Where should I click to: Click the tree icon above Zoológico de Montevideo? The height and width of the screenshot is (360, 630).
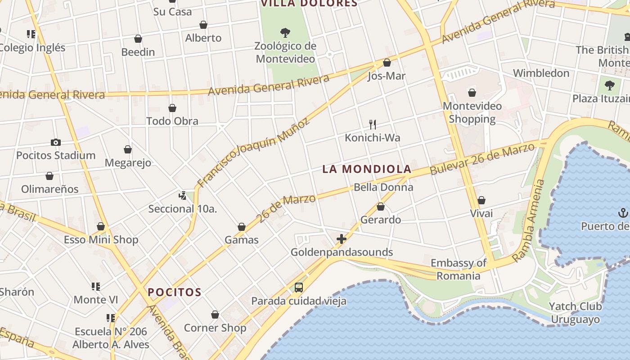click(285, 32)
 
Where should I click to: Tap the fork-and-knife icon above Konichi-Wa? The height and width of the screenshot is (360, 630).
click(373, 124)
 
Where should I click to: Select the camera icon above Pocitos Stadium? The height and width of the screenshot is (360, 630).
click(56, 142)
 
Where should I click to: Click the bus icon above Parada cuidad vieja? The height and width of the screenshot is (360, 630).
click(298, 287)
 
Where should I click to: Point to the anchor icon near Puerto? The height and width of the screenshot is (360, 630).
click(623, 212)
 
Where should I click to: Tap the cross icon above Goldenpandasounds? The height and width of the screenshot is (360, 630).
click(342, 238)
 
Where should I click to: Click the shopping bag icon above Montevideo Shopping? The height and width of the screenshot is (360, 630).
click(472, 93)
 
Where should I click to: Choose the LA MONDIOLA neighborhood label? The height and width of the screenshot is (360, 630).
click(367, 169)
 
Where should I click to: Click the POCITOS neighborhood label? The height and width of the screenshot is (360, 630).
click(175, 292)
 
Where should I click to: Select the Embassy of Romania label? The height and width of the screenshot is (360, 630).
click(459, 269)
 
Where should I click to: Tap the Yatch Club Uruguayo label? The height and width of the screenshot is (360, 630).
click(575, 313)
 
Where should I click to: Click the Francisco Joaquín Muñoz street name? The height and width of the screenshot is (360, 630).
click(254, 153)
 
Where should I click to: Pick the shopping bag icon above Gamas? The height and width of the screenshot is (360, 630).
click(242, 227)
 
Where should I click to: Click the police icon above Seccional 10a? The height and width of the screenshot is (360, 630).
click(182, 195)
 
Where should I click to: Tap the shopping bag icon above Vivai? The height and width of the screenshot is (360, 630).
click(481, 200)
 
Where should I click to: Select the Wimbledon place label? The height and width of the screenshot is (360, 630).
click(541, 73)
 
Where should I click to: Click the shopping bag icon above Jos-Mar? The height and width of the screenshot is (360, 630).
click(387, 63)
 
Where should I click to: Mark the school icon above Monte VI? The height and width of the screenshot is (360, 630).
click(95, 286)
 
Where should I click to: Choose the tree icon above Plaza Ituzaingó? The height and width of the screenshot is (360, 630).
click(610, 85)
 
